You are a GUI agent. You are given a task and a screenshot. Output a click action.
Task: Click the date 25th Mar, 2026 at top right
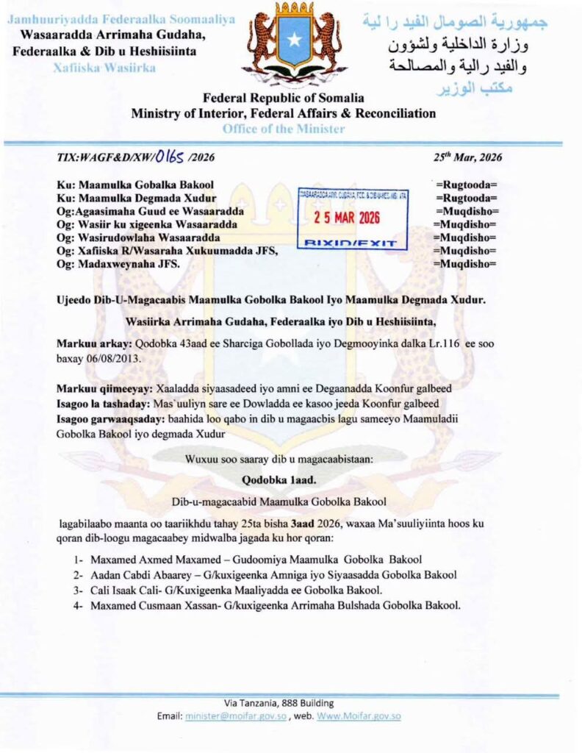pyautogui.click(x=468, y=157)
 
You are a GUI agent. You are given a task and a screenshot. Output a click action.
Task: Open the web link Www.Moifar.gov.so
pyautogui.click(x=359, y=715)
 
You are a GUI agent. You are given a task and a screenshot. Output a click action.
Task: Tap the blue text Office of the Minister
pyautogui.click(x=283, y=129)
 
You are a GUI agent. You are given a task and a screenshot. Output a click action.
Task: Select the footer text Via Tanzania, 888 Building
pyautogui.click(x=279, y=703)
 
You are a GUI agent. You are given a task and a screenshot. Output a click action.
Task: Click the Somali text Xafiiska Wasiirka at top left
pyautogui.click(x=102, y=66)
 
